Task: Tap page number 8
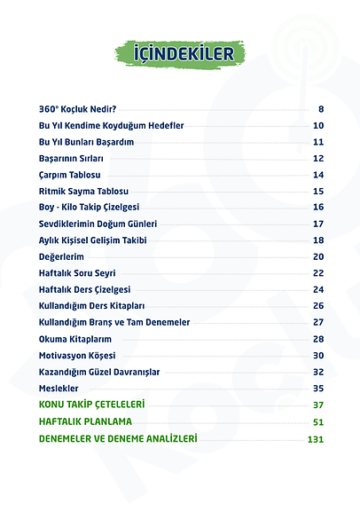320,109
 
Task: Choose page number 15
318,191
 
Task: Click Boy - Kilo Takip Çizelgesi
89,207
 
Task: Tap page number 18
318,240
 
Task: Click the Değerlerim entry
62,256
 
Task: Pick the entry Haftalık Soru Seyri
78,273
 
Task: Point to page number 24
318,289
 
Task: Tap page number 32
318,372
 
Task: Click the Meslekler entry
59,388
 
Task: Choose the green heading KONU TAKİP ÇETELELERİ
92,405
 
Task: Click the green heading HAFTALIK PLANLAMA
85,421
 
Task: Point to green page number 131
316,439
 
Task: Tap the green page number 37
318,405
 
